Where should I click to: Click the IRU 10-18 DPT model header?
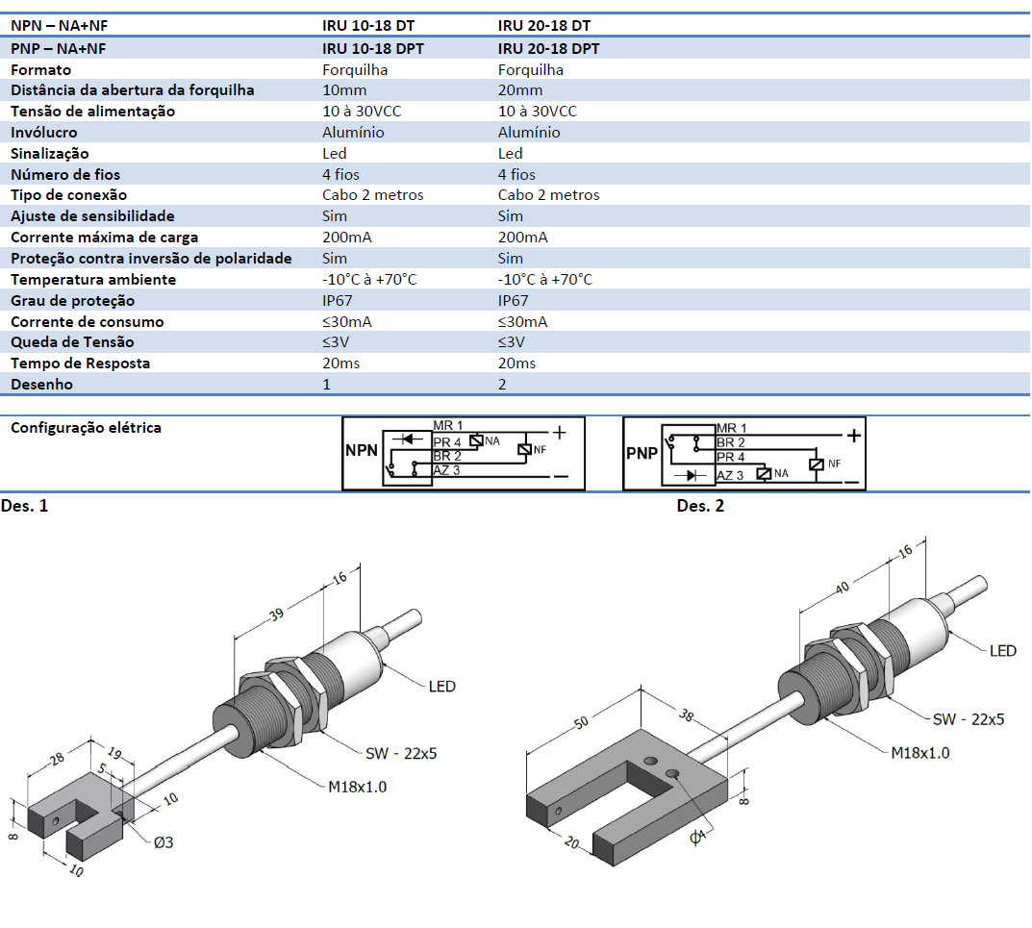point(372,48)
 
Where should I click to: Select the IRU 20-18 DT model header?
point(544,27)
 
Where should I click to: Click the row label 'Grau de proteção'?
point(72,301)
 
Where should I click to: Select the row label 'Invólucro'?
point(43,133)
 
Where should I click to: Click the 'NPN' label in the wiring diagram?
point(362,450)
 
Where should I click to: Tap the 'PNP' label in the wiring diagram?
point(642,452)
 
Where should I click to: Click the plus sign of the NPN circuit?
point(559,434)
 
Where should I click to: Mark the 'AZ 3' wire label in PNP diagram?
point(730,476)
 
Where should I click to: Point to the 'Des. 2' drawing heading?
point(700,506)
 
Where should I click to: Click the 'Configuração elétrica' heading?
point(86,428)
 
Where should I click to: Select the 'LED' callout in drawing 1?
point(441,687)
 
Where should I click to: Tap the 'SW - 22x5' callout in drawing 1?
point(401,754)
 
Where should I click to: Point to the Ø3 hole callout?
point(163,842)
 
